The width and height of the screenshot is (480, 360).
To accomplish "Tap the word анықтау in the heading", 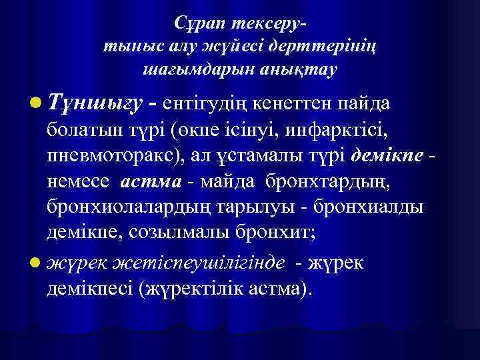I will click(x=303, y=69).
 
